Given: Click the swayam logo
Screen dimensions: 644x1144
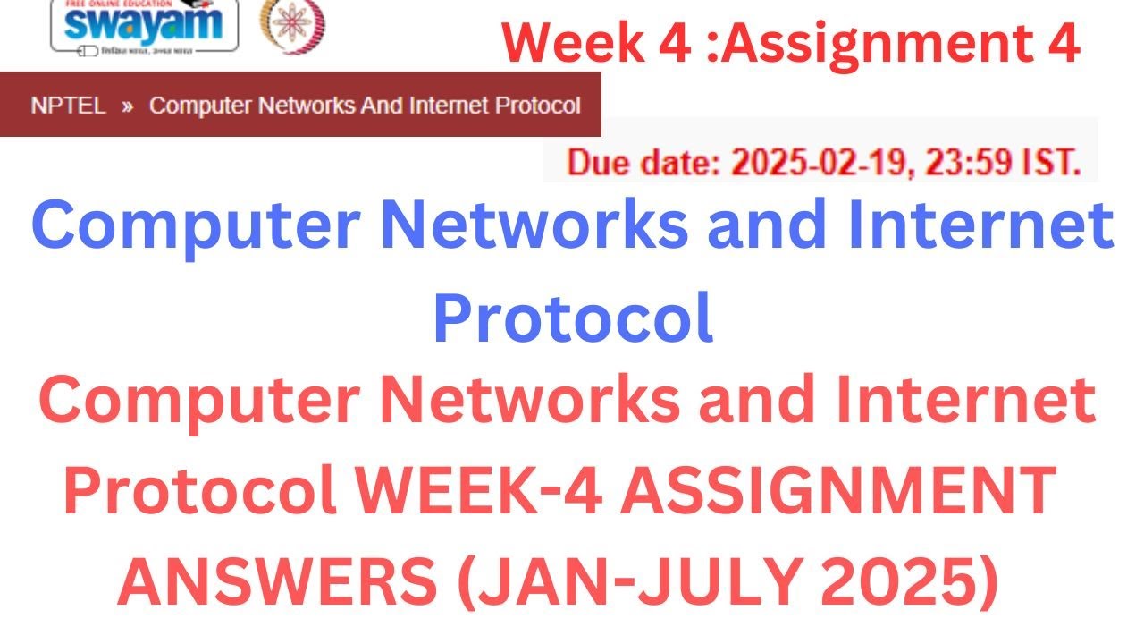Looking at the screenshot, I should point(143,25).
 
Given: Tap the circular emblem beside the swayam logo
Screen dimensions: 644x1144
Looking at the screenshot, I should point(292,24).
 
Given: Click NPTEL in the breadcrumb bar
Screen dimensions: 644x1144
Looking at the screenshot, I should point(68,106).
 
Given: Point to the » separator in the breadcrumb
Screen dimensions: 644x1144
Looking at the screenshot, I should point(128,106).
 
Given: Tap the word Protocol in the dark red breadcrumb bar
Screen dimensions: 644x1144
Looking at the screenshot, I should point(537,106).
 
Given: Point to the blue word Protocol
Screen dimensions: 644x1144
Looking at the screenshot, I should point(573,318).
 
